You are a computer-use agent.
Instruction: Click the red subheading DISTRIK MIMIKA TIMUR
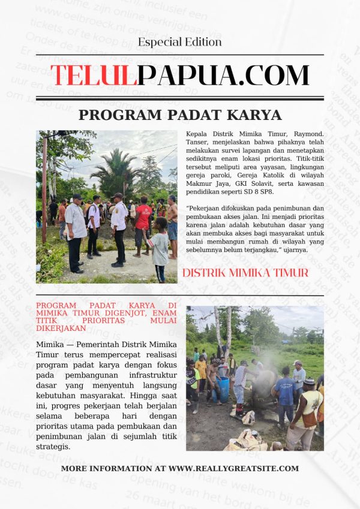(245, 273)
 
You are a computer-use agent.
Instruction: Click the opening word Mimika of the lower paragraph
(50, 345)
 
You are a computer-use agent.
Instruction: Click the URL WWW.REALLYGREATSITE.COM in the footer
(233, 468)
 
